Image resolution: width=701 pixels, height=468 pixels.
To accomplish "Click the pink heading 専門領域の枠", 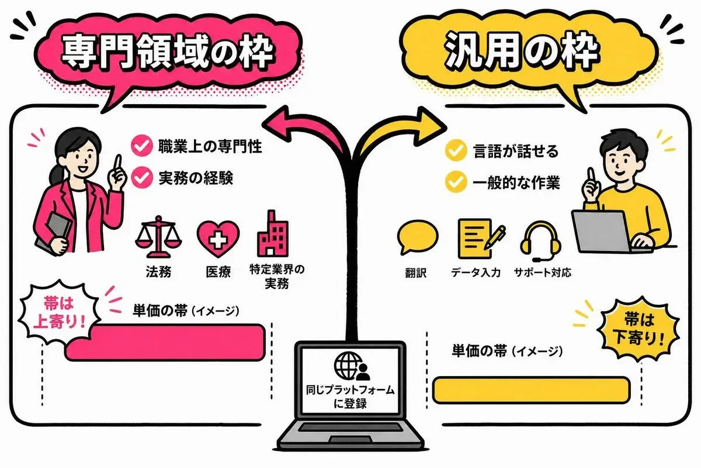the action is (168, 51).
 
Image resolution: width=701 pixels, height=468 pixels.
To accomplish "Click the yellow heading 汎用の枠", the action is (522, 52).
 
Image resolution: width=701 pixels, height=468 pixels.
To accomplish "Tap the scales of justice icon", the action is (158, 237).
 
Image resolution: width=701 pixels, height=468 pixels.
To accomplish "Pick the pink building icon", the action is (272, 233).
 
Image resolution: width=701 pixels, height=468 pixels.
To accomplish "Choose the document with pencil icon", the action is (481, 239).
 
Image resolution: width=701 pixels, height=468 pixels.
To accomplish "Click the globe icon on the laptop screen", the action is (348, 365).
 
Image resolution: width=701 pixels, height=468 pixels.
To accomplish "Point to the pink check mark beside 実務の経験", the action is (142, 178).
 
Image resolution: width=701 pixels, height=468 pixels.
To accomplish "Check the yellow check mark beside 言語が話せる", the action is (456, 150).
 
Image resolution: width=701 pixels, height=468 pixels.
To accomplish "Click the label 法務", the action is (158, 272).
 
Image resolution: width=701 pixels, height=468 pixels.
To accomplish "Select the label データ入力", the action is (476, 273).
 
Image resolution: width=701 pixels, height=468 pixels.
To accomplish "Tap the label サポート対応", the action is (542, 273).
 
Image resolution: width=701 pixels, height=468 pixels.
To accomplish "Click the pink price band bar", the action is (165, 342).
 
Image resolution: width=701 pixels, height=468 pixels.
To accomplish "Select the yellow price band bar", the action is (532, 390).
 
